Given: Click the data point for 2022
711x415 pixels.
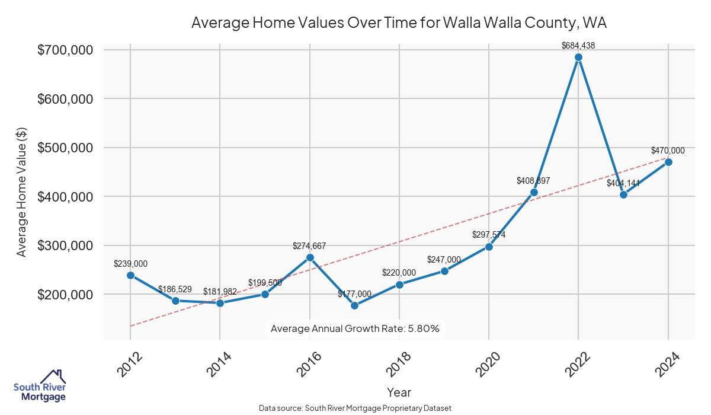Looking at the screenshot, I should (578, 58).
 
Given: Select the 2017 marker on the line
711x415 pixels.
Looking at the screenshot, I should (354, 305).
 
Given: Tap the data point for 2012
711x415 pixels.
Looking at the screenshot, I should (130, 275).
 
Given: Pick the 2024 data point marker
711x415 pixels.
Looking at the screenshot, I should (668, 162).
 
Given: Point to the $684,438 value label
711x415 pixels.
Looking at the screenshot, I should (578, 45).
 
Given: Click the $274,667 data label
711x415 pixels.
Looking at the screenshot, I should (309, 245).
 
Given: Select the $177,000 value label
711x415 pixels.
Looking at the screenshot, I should (354, 294).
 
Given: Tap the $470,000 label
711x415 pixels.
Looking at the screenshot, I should (668, 151).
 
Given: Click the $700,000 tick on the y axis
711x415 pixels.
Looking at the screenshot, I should (65, 50).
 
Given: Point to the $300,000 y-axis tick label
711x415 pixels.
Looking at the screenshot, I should (65, 246).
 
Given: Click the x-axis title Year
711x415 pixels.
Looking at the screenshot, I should (399, 392).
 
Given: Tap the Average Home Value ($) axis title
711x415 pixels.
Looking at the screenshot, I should (21, 191).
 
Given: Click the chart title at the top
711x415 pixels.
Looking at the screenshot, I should (399, 23).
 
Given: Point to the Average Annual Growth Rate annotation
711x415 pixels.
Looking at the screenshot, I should (355, 328).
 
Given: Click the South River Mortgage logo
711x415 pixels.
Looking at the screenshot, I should (40, 386).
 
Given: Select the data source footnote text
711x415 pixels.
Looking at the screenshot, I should (355, 408).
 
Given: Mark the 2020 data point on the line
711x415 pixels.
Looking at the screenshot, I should (489, 247).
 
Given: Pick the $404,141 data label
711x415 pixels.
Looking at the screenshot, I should (623, 183).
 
